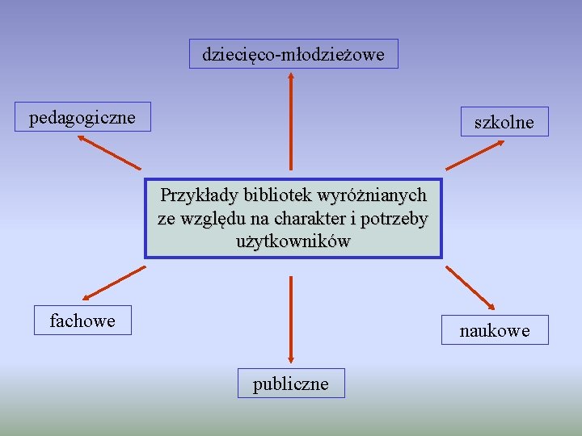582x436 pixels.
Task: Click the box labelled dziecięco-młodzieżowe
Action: [293, 54]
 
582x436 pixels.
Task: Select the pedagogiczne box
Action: [82, 117]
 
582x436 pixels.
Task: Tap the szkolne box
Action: [504, 122]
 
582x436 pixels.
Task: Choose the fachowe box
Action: [82, 321]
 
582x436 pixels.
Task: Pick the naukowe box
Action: [494, 330]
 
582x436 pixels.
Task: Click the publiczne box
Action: [290, 384]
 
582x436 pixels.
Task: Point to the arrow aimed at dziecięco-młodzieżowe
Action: [290, 121]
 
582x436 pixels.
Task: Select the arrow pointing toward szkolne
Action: [476, 153]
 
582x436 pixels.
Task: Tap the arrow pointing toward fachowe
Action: [112, 286]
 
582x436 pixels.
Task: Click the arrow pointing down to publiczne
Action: [290, 319]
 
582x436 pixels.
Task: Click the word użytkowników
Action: [293, 241]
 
